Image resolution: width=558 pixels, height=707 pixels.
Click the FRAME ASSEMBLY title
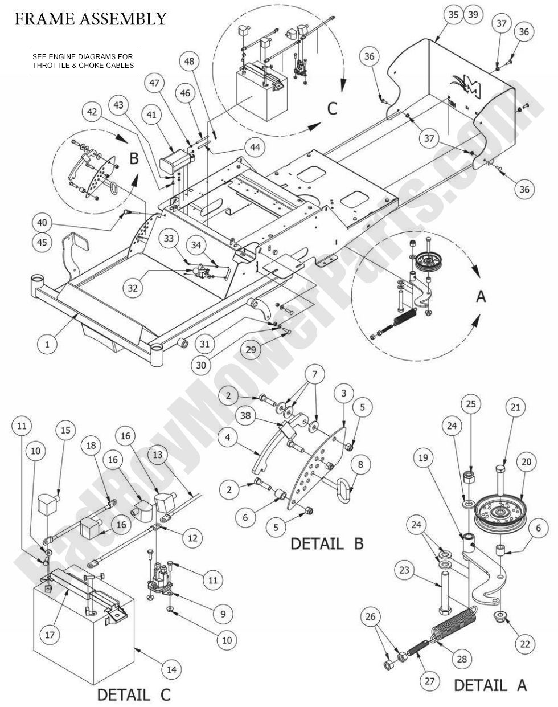[x=90, y=18]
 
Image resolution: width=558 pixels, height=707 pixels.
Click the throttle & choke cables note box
[x=84, y=60]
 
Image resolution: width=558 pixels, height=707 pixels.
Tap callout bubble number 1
[x=48, y=344]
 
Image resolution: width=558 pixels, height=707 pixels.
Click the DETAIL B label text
[x=327, y=543]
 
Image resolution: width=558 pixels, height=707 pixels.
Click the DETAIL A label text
[x=491, y=684]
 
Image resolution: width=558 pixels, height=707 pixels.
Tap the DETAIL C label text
[x=133, y=694]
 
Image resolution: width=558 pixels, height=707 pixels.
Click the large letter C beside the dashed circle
[x=332, y=108]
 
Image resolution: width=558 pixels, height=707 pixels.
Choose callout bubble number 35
[x=453, y=15]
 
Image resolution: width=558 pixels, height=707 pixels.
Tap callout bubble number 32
[x=132, y=288]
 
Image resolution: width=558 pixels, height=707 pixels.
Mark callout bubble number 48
[x=190, y=60]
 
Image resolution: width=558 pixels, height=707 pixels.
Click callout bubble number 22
[x=524, y=644]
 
